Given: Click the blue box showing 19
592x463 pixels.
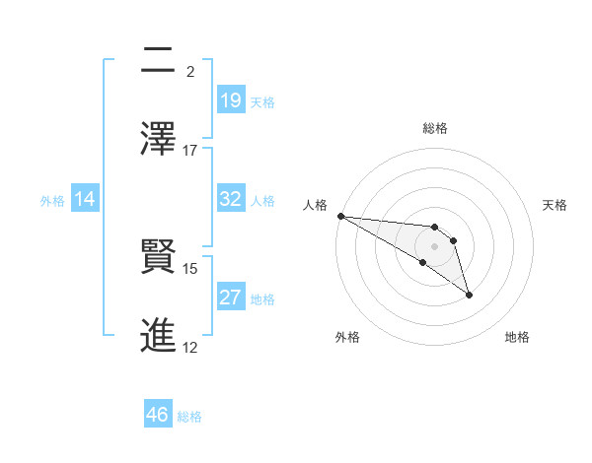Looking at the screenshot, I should click(x=231, y=100).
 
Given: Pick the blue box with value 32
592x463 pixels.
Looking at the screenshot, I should click(x=231, y=200).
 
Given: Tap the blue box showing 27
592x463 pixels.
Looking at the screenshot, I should click(x=231, y=298).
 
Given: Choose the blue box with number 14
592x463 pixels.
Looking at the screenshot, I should click(x=85, y=200).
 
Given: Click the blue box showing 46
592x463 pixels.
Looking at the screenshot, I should click(x=158, y=415).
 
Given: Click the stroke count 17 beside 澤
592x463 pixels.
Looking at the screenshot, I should click(x=190, y=151).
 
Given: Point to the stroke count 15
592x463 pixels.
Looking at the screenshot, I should click(x=190, y=268).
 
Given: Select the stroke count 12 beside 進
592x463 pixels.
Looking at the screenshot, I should click(x=190, y=347).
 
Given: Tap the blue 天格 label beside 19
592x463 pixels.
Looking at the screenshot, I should click(x=262, y=101).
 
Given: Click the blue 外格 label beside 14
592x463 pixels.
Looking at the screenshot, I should click(x=52, y=201).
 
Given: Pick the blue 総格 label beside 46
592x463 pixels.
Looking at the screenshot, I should click(x=189, y=416).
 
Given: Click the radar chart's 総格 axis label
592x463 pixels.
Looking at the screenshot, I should click(x=435, y=128).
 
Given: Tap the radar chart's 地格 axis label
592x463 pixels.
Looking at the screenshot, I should click(x=517, y=337).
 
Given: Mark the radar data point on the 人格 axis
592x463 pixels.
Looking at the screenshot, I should click(x=340, y=216).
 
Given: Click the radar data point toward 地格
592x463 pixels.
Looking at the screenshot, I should click(x=469, y=295).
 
